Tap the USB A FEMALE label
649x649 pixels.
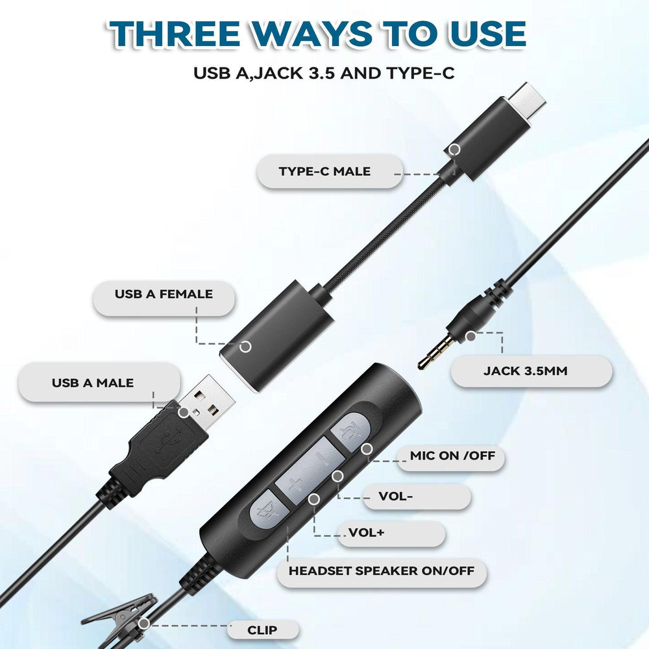[x=164, y=294]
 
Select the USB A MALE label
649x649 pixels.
[x=93, y=383]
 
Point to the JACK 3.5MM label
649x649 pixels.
[x=529, y=371]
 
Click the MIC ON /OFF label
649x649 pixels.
[x=452, y=456]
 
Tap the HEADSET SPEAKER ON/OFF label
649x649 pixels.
[x=382, y=572]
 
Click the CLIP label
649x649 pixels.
[x=262, y=630]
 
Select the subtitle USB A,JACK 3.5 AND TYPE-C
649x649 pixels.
[x=324, y=72]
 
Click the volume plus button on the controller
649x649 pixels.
[x=296, y=484]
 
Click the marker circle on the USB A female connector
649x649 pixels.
[x=245, y=347]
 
